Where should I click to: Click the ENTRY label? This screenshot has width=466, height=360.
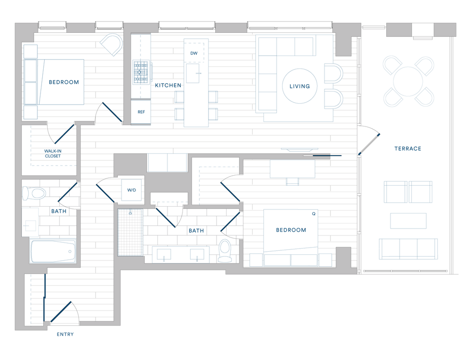(65, 334)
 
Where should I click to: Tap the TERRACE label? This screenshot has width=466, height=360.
(408, 149)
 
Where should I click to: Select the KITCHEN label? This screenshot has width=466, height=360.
(168, 85)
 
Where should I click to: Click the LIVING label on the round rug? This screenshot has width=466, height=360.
(299, 86)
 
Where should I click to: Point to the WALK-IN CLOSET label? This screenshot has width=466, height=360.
(53, 153)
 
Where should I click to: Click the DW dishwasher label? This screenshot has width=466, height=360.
(194, 53)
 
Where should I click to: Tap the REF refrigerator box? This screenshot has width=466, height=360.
(141, 112)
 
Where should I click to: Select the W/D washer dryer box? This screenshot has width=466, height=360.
(132, 190)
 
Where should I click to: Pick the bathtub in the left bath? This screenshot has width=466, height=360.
(53, 251)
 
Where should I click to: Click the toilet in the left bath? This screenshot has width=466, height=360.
(34, 193)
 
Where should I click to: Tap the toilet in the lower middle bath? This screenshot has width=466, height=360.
(225, 251)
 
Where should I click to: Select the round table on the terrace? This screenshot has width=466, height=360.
(408, 81)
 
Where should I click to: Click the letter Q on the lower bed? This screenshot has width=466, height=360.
(314, 214)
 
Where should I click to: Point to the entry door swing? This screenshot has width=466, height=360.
(61, 312)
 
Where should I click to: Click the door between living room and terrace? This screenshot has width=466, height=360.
(369, 144)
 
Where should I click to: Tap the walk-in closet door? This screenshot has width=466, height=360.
(64, 134)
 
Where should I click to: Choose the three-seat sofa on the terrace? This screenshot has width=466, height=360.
(408, 249)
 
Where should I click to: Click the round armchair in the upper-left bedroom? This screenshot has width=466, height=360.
(112, 44)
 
